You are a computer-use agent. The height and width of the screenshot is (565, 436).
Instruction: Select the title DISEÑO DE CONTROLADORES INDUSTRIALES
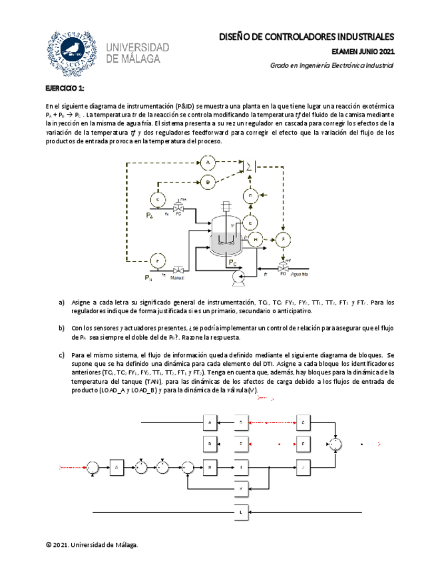(307, 36)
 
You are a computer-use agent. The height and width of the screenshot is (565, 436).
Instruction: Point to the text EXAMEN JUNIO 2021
(362, 51)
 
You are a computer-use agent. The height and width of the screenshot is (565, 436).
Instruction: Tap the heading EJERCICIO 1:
(65, 89)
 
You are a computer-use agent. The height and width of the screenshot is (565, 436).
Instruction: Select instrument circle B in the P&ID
(208, 181)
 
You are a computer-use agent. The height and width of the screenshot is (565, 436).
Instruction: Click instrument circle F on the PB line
(158, 259)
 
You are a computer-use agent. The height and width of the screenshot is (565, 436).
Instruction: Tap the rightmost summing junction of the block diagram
(337, 444)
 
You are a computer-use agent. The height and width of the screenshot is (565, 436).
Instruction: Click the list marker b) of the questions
(62, 327)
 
